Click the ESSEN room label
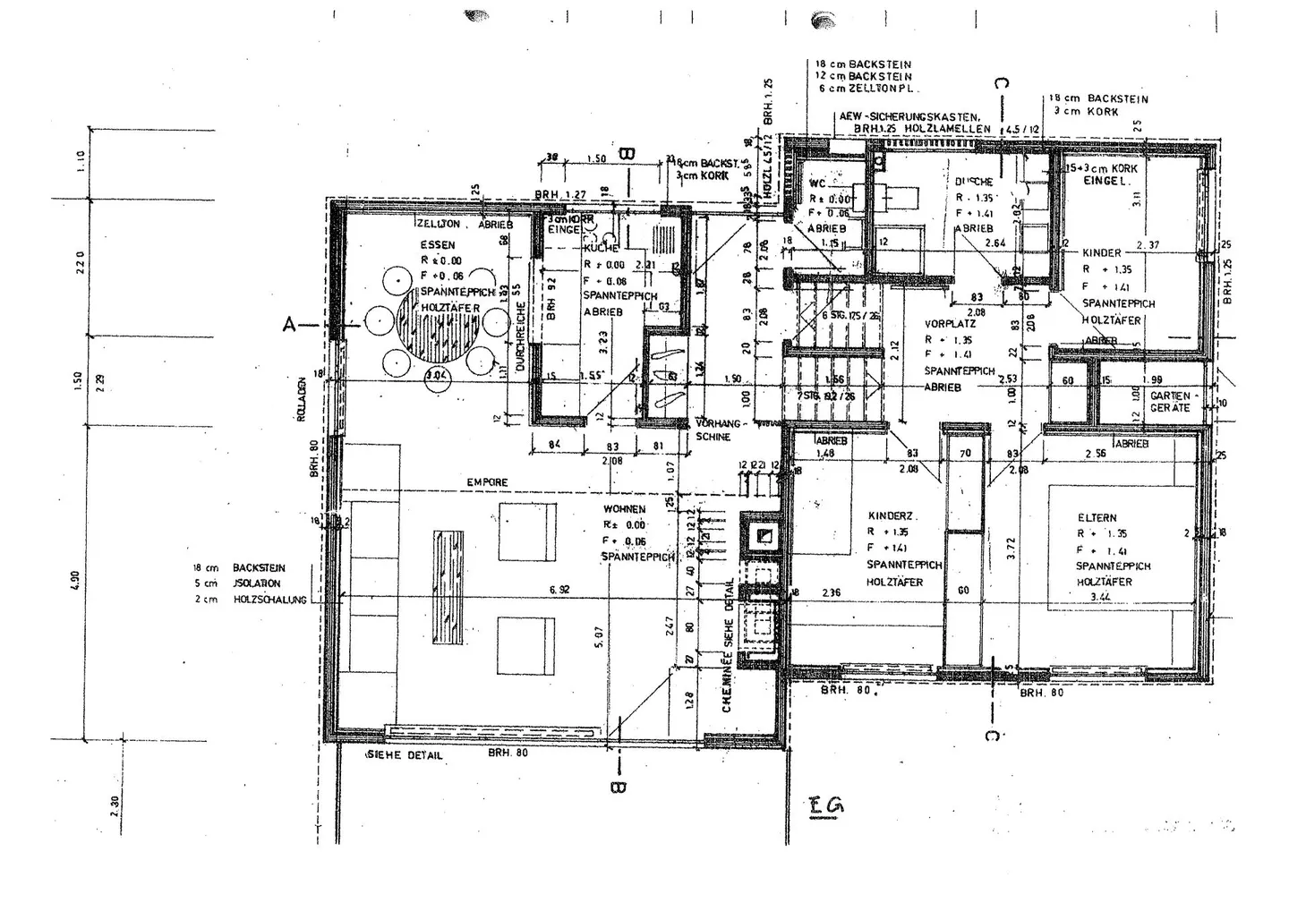438,244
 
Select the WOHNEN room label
624,509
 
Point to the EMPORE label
487,482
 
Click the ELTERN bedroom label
1097,517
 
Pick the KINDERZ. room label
888,516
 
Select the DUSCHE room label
974,182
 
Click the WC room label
817,183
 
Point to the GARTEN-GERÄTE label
1170,401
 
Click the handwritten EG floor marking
824,805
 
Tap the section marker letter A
289,325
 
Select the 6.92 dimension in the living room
559,590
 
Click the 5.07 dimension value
599,636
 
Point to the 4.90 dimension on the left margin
76,582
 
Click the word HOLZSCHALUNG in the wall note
269,600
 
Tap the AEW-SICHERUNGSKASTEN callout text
909,117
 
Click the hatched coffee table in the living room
448,588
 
